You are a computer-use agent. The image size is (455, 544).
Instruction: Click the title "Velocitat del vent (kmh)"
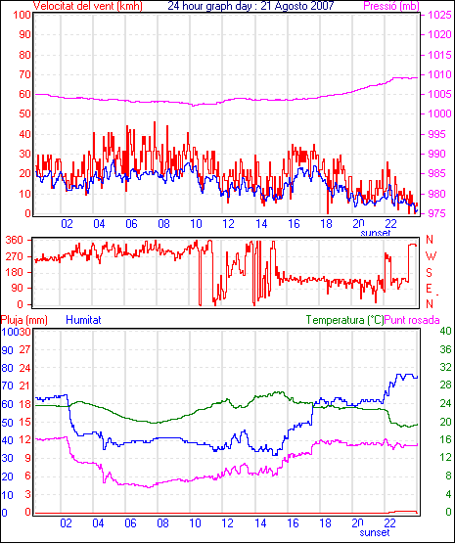click(x=88, y=6)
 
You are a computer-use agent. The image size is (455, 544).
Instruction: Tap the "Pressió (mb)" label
click(x=391, y=6)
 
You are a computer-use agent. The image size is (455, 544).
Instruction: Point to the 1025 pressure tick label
click(x=439, y=15)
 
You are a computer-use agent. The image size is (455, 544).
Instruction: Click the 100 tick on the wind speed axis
click(x=22, y=15)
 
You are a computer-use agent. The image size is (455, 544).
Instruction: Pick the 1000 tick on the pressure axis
click(x=439, y=113)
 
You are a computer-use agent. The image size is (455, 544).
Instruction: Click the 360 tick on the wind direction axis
click(x=15, y=240)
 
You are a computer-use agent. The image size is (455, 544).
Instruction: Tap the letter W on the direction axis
click(x=431, y=256)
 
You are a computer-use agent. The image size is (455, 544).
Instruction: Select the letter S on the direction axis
click(x=429, y=273)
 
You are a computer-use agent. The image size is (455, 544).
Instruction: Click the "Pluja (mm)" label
click(x=23, y=320)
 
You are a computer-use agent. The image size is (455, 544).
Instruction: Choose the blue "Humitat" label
click(x=83, y=320)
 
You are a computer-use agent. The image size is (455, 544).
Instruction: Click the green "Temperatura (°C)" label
click(x=345, y=320)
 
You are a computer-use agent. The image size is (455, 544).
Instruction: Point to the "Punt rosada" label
click(x=412, y=320)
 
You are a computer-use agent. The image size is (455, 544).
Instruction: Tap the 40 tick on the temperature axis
click(x=445, y=331)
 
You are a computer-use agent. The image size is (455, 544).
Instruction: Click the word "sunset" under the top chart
click(x=375, y=233)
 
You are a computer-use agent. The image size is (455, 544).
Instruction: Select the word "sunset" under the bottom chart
click(x=375, y=532)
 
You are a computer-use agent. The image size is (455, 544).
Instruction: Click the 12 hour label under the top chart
click(x=228, y=224)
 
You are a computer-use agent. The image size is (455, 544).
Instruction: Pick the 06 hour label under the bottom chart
click(x=130, y=523)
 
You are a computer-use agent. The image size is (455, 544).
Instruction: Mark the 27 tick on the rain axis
click(x=25, y=349)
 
